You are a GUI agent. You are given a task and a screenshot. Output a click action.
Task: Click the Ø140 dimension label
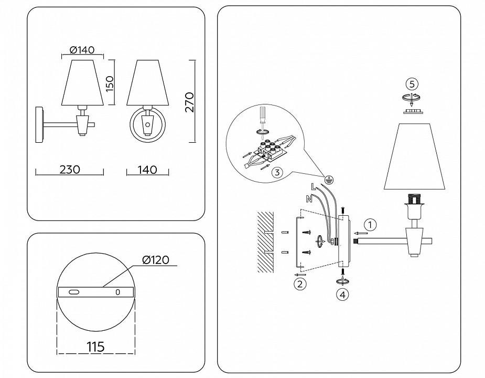(81, 51)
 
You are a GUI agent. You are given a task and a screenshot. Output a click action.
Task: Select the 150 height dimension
(110, 82)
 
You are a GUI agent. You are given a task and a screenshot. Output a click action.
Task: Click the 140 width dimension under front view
(147, 170)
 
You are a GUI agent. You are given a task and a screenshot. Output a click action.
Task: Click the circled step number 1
(370, 225)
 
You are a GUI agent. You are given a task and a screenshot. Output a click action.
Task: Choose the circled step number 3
(278, 172)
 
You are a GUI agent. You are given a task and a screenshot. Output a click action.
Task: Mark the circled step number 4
(342, 295)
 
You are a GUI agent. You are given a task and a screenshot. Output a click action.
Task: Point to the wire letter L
(313, 185)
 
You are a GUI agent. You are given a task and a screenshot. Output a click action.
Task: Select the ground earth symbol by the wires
(329, 180)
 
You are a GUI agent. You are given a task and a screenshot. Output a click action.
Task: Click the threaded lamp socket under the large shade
(414, 199)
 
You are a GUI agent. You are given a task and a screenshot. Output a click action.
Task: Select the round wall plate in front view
(147, 125)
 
